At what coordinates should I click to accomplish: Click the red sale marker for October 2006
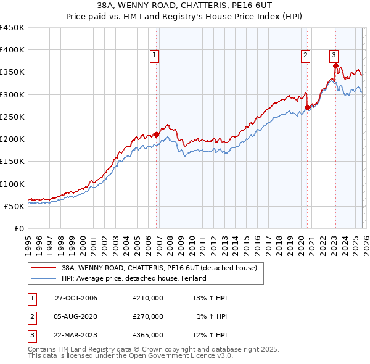click(157, 134)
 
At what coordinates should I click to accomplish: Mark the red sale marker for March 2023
click(335, 65)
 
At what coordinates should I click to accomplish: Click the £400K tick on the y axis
click(12, 50)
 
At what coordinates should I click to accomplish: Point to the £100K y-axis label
click(12, 184)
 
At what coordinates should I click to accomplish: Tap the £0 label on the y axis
click(19, 228)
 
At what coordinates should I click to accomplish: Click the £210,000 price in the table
click(148, 298)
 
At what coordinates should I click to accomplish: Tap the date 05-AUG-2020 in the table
click(76, 316)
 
